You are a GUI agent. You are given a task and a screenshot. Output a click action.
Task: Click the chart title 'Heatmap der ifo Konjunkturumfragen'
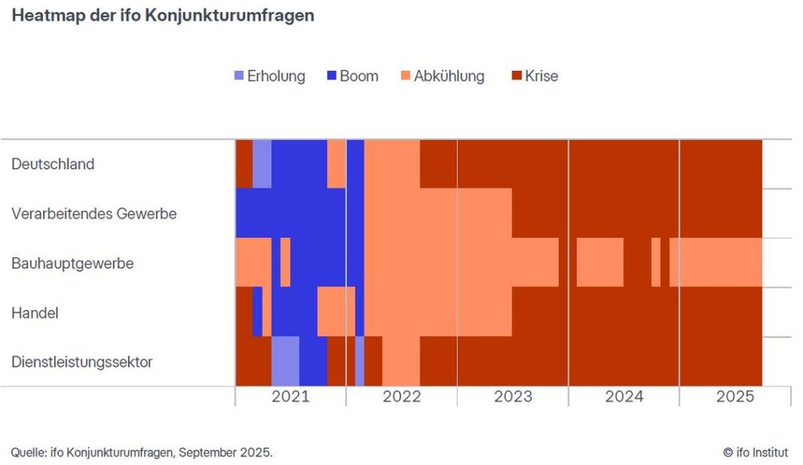[163, 15]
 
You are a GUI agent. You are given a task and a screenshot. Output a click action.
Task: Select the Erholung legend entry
[270, 76]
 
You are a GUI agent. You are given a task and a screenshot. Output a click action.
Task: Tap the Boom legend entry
[352, 76]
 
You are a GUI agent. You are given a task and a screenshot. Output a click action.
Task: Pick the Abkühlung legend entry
[442, 76]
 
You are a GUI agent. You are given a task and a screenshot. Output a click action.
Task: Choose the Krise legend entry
[535, 76]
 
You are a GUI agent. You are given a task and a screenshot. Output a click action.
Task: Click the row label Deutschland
[53, 164]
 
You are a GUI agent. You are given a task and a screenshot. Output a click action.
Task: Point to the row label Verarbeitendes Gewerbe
[94, 213]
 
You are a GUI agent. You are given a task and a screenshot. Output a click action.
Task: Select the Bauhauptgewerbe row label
[72, 264]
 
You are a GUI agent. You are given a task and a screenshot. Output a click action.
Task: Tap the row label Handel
[35, 313]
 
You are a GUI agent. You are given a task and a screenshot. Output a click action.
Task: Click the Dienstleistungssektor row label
[82, 362]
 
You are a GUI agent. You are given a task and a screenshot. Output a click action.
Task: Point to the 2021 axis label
[291, 396]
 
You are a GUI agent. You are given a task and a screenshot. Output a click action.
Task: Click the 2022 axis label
[401, 396]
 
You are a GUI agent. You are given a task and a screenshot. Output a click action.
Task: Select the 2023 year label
[512, 396]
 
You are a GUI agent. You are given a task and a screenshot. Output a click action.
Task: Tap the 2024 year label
[624, 396]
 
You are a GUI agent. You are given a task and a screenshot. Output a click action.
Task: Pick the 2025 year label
[735, 396]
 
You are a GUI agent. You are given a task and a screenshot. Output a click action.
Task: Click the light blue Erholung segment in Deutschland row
[262, 164]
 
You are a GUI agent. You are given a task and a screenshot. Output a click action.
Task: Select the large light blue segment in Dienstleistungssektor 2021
[285, 361]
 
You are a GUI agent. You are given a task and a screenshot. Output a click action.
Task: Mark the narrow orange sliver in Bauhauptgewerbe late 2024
[656, 262]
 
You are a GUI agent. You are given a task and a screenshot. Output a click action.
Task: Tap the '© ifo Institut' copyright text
[755, 452]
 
